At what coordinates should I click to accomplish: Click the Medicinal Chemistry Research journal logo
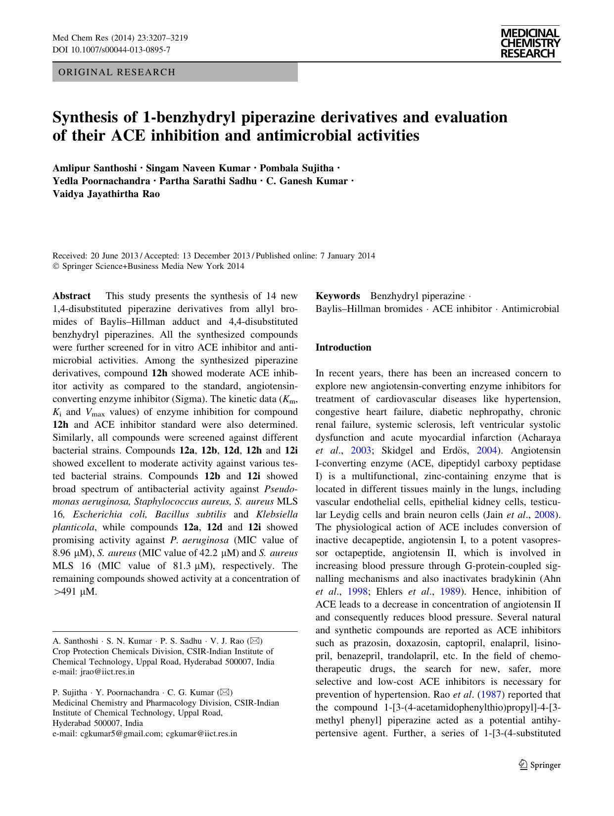530,44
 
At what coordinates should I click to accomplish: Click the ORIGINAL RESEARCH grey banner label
117,72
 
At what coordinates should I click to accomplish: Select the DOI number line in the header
111,50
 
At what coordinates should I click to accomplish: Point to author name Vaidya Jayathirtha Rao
106,194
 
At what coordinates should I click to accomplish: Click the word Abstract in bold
72,296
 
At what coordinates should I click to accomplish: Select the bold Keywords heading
338,296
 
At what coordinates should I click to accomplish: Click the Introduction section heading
343,348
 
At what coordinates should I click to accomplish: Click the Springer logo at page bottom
540,765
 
